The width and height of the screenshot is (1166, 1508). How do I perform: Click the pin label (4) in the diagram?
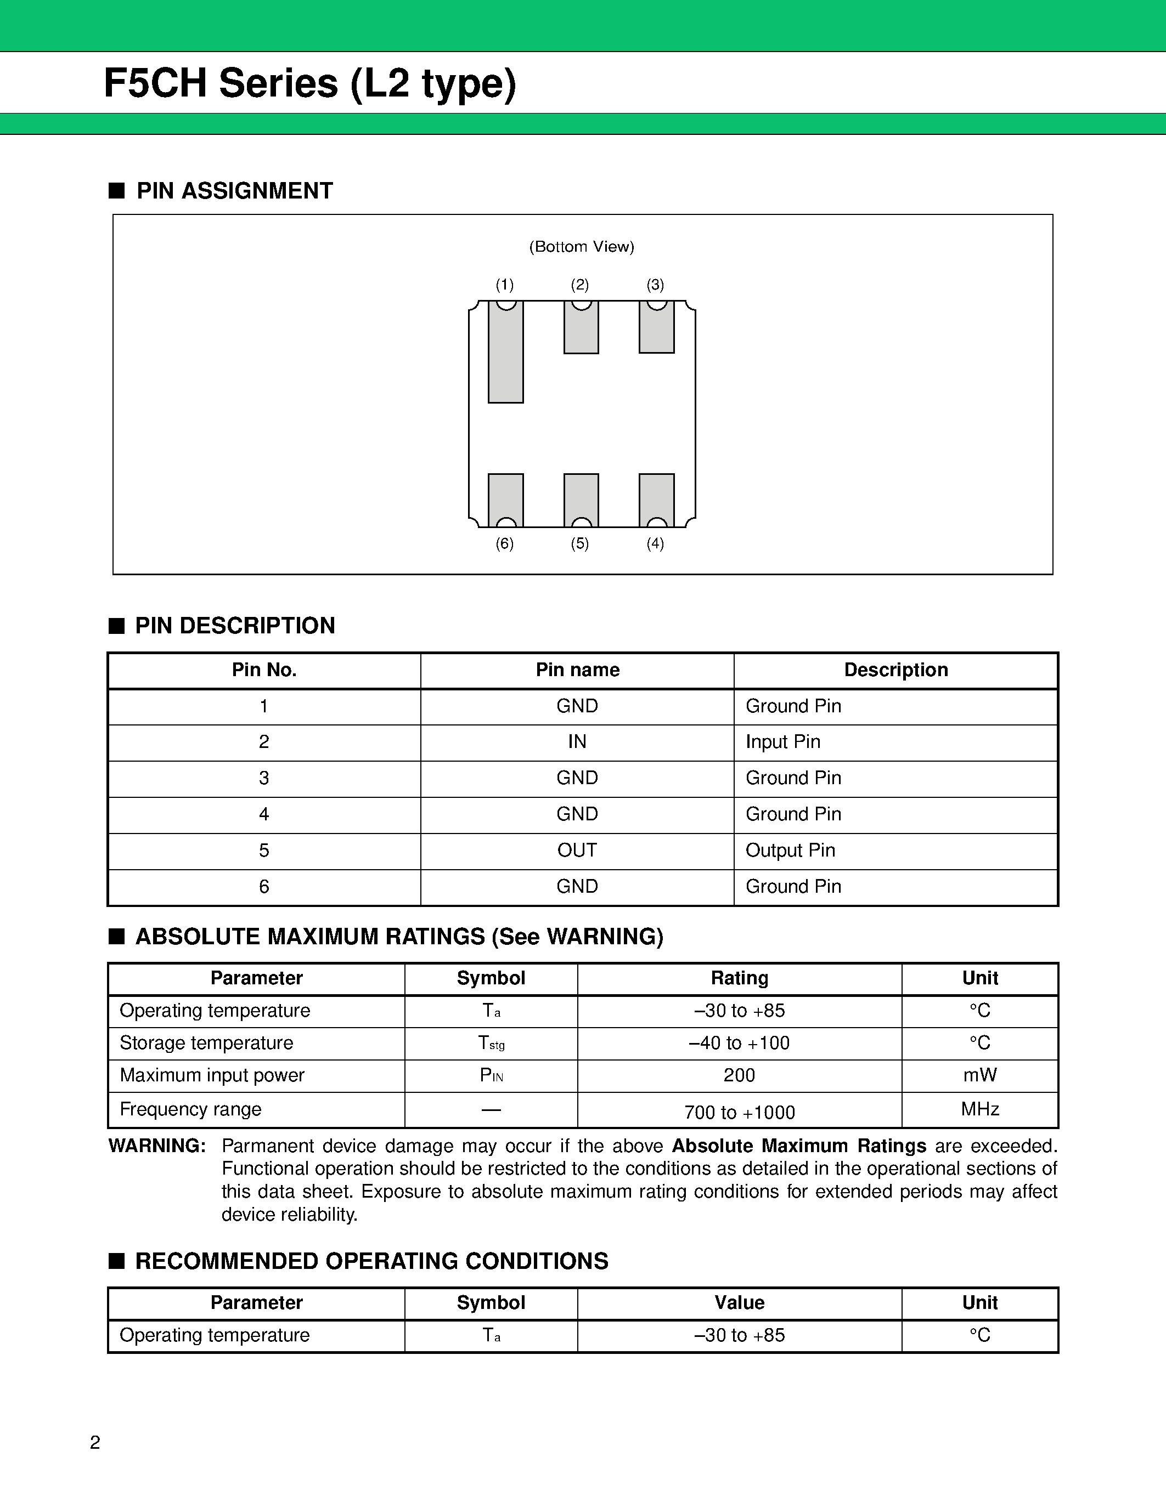[x=655, y=543]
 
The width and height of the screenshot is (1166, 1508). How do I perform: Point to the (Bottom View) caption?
[x=582, y=247]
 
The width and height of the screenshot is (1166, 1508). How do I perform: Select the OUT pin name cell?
[x=577, y=851]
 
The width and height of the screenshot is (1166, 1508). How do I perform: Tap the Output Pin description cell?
[x=790, y=851]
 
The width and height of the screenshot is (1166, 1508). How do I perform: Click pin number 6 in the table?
[x=264, y=887]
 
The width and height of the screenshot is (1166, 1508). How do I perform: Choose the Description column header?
[x=896, y=670]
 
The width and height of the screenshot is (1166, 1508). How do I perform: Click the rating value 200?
[x=739, y=1075]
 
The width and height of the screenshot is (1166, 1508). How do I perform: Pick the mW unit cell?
[x=979, y=1075]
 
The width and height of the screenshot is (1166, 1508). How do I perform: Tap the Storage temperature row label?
[x=206, y=1042]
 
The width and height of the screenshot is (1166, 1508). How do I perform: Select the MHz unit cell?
[x=979, y=1109]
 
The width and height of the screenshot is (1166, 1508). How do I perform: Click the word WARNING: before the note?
[x=157, y=1146]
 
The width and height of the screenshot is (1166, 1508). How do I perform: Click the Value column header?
[x=739, y=1303]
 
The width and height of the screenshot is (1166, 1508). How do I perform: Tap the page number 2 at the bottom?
[x=95, y=1442]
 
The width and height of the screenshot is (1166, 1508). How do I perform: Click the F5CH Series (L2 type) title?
[x=310, y=83]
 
